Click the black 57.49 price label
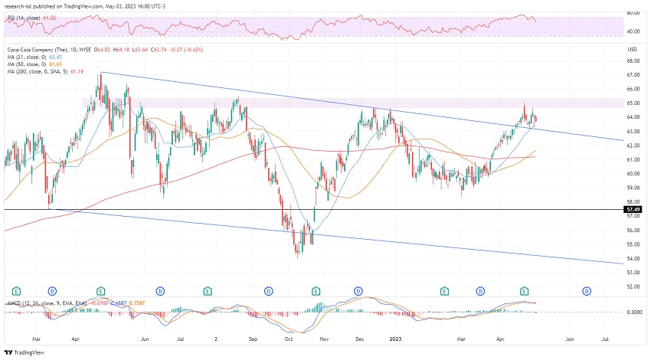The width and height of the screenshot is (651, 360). (633, 208)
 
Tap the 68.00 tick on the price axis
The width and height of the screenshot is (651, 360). (633, 61)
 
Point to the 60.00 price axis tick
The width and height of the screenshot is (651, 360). (633, 174)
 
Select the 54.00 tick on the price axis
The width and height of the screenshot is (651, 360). (633, 259)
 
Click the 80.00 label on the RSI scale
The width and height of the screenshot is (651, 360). (633, 13)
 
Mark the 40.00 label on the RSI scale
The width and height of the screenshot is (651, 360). (633, 31)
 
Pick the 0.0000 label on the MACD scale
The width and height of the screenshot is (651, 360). (633, 313)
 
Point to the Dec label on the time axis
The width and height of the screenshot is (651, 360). (359, 337)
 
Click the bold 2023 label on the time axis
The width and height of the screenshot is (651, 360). (395, 337)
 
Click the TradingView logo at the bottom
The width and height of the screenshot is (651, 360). (27, 352)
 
